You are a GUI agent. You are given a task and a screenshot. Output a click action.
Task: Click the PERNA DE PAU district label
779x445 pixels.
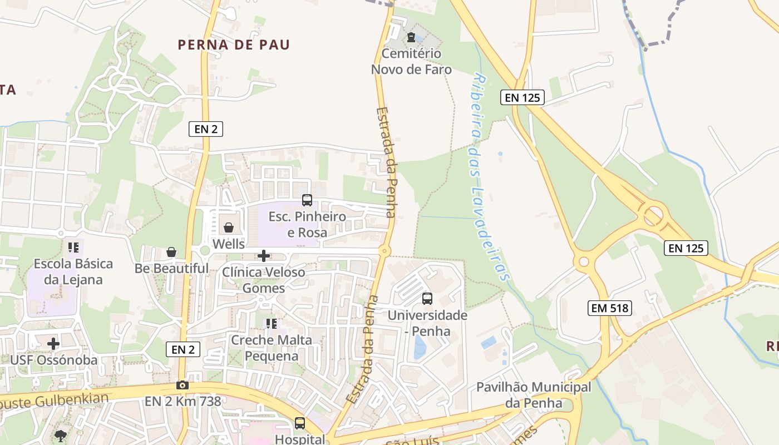pos(234,44)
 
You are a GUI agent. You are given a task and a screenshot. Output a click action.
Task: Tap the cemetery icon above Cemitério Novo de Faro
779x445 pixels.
pos(411,38)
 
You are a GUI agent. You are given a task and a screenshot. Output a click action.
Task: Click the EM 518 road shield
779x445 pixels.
pos(610,308)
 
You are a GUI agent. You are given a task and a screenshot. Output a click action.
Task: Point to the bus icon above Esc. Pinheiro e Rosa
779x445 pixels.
pos(307,200)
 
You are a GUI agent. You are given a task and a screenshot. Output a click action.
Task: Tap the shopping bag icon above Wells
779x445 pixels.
pos(228,228)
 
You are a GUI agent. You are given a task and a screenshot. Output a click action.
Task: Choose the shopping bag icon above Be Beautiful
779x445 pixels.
pos(171,252)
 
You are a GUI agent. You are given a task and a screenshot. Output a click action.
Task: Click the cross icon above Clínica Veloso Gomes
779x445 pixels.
pos(264,256)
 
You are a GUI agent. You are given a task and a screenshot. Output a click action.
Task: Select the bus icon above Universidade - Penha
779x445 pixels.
pos(427,299)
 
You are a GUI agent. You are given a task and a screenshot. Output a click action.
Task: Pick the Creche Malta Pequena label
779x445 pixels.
pos(272,348)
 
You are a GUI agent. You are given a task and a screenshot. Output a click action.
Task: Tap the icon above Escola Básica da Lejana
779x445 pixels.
pos(73,247)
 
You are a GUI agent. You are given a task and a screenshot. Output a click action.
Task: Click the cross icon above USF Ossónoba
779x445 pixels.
pos(53,344)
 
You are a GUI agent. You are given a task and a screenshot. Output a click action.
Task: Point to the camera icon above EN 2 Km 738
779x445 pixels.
pos(182,385)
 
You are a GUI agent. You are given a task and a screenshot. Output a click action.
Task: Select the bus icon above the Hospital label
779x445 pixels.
pos(300,423)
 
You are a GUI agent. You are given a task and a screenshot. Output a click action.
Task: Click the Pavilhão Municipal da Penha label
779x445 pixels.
pos(533,394)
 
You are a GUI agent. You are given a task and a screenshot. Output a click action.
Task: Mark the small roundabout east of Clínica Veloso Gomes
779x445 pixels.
pos(384,251)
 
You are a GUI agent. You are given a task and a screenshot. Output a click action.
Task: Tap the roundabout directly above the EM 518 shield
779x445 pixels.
pos(584,261)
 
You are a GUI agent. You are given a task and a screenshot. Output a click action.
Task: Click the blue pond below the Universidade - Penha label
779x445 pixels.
pos(420,348)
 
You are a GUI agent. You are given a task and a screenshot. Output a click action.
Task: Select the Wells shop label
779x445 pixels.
pos(228,244)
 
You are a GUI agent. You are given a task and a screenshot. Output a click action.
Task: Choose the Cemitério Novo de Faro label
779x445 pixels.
pos(411,62)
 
